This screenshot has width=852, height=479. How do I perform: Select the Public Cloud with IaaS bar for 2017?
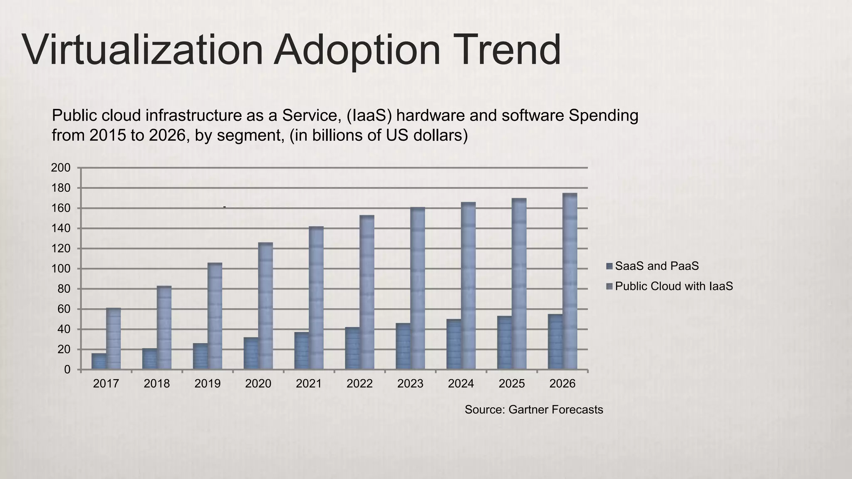(x=114, y=338)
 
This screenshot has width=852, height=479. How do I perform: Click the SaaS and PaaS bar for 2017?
(x=99, y=361)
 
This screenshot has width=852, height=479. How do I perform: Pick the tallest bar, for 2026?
(x=570, y=281)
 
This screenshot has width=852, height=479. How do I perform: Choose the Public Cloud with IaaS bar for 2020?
(x=265, y=306)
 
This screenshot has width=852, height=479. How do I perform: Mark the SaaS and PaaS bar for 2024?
(x=454, y=344)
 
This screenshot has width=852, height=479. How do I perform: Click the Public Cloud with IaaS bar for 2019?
(x=215, y=316)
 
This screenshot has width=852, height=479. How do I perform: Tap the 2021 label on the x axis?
(x=309, y=383)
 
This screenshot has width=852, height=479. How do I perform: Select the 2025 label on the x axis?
(x=512, y=383)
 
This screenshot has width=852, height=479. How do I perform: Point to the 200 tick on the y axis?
(x=60, y=168)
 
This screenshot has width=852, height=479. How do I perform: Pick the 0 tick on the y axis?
(x=67, y=370)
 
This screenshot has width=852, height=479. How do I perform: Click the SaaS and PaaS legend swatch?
(x=609, y=266)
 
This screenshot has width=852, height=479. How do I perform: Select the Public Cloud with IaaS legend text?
(x=674, y=286)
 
